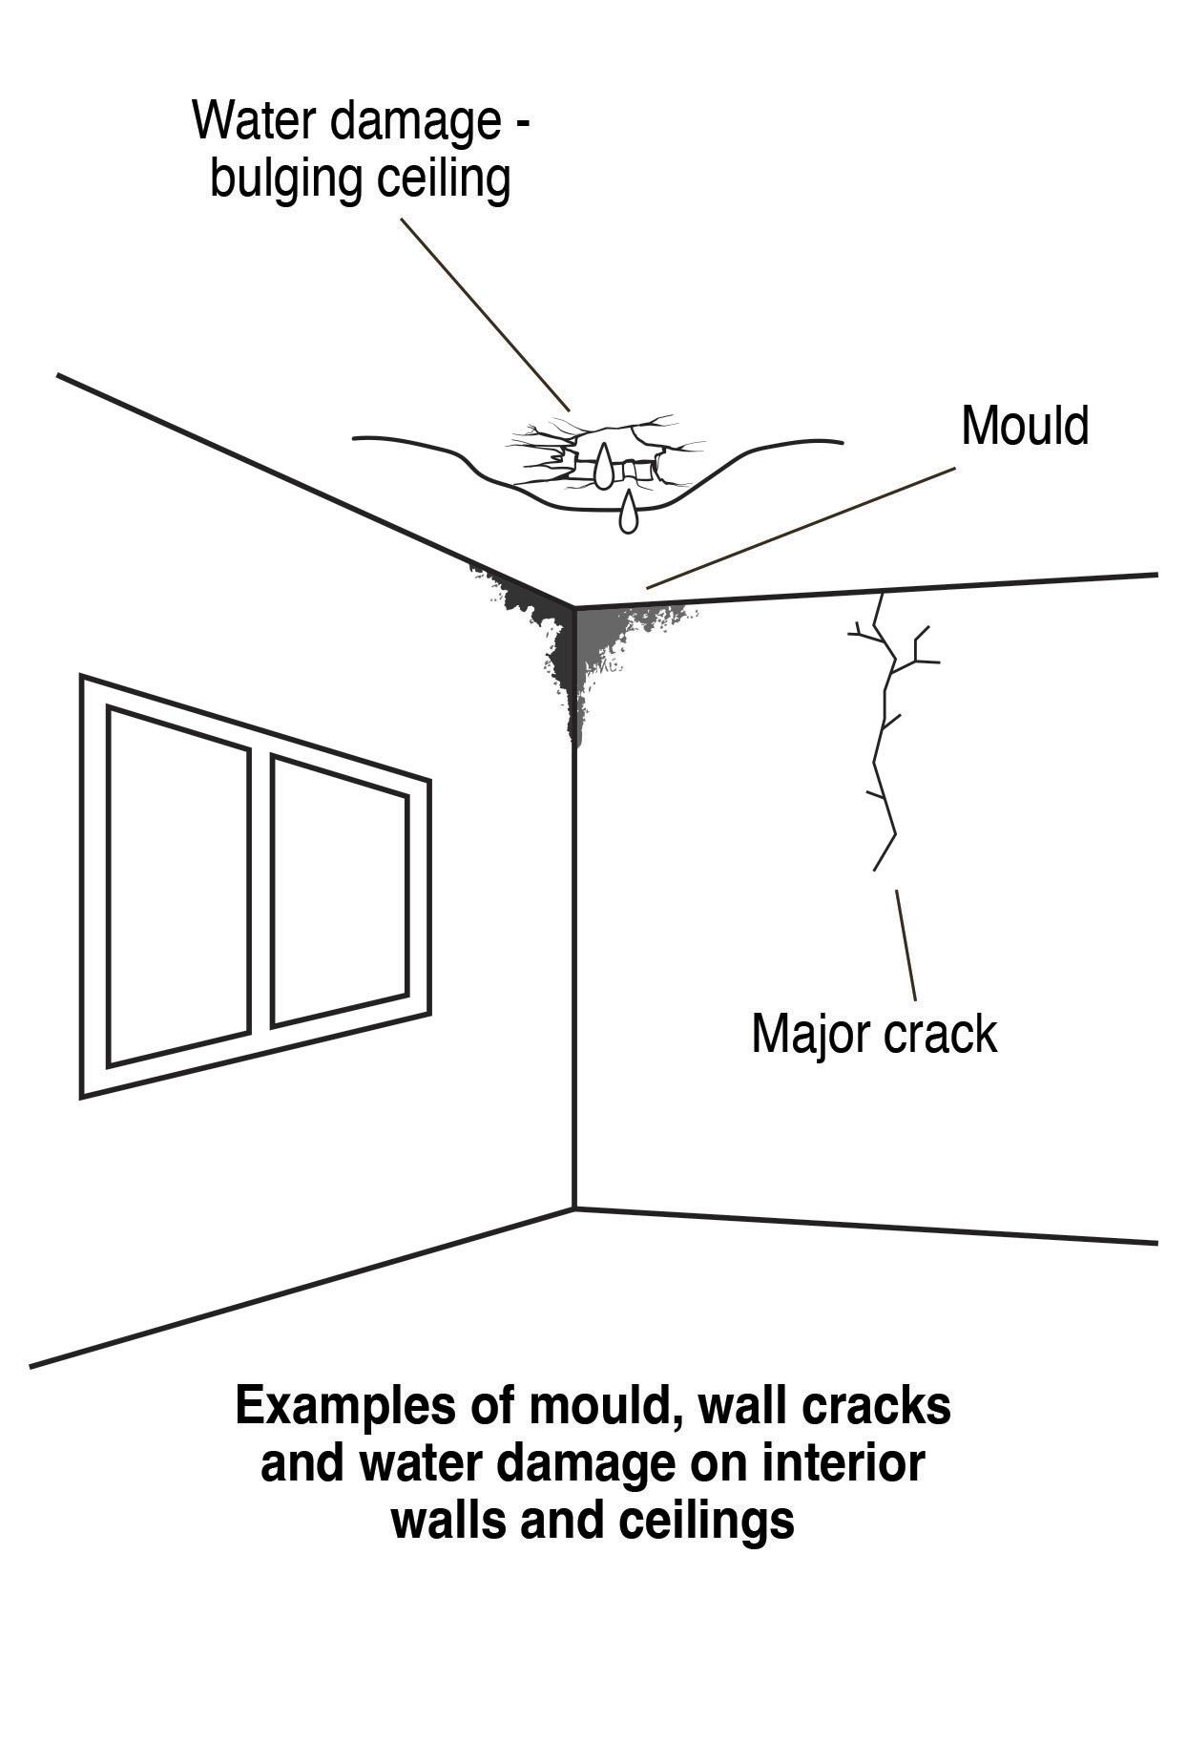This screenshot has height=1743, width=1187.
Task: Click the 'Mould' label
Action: pos(1024,426)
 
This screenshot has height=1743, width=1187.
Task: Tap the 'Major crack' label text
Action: pos(873,1034)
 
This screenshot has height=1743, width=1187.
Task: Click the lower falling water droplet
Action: pos(627,513)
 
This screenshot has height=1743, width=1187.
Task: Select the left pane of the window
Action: pos(178,886)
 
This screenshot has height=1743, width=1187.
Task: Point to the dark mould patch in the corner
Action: pos(573,640)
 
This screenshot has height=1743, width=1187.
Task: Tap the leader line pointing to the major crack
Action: pos(906,945)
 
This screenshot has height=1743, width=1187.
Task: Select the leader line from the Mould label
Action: pos(802,528)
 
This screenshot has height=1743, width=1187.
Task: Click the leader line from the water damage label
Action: pos(485,315)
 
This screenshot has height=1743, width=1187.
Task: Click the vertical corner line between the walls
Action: pos(574,955)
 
